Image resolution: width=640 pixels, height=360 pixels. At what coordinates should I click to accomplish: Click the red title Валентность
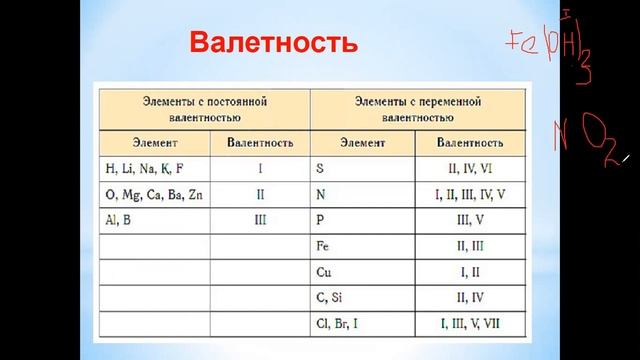pos(272,44)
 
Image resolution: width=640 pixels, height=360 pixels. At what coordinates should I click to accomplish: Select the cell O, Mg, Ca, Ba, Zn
pos(150,192)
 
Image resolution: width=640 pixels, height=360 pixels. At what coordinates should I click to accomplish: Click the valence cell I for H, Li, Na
pos(260,167)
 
